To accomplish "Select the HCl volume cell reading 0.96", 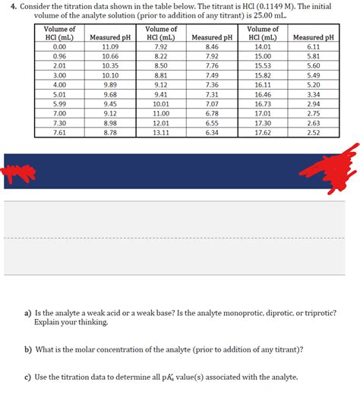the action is coord(55,56).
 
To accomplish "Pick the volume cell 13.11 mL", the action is coord(160,132).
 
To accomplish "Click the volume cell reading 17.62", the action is coord(263,132).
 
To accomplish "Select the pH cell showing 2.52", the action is coord(313,132).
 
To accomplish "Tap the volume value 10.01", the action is coord(160,103).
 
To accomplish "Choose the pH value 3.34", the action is coord(313,94).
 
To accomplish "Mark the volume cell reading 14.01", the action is coord(263,47).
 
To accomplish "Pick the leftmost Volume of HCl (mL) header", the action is coord(55,33).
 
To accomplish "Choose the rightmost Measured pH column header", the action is coord(313,37).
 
